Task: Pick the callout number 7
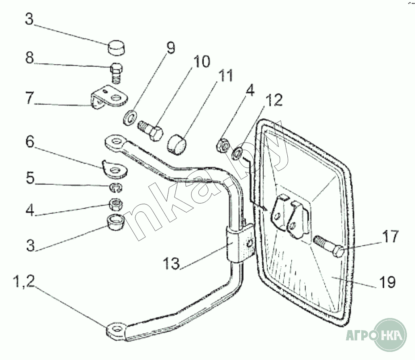point(29,99)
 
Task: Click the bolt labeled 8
point(116,73)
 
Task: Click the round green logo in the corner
point(390,335)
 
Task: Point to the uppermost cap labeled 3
point(116,48)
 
